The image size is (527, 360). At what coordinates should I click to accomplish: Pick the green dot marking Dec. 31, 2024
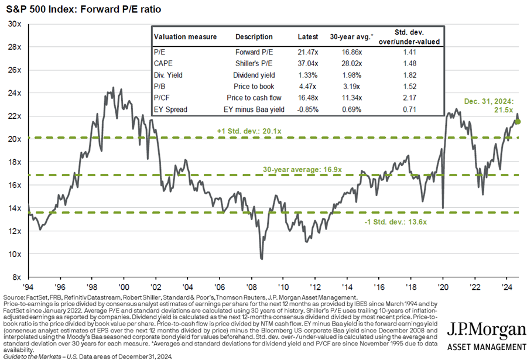[x=518, y=122]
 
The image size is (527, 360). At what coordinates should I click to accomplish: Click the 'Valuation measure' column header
[x=185, y=37]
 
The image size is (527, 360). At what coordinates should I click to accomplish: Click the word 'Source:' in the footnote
[x=14, y=298]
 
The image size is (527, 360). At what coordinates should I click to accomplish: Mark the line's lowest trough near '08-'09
[x=261, y=258]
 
